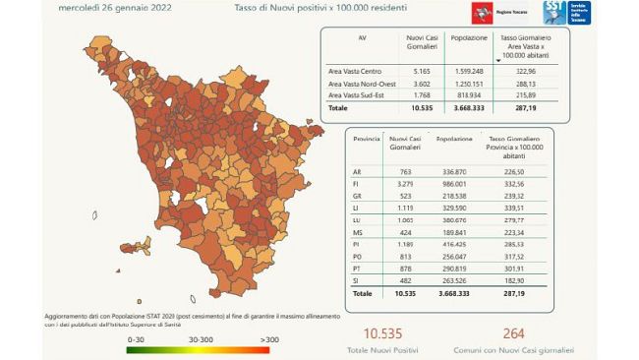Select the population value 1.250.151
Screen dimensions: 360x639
point(467,83)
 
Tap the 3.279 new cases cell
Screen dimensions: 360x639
point(405,182)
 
